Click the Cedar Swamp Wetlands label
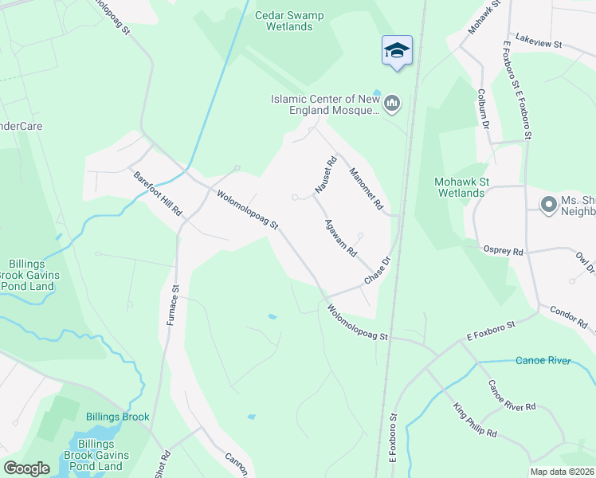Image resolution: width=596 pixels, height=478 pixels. tap(284, 21)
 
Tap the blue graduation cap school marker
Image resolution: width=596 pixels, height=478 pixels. tap(396, 51)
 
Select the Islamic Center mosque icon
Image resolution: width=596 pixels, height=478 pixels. tap(392, 104)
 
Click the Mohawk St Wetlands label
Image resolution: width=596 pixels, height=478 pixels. tap(461, 187)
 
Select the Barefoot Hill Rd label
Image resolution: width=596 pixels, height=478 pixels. tap(159, 195)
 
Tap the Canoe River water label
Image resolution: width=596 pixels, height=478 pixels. tap(543, 361)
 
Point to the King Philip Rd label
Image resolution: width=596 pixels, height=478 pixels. tap(475, 421)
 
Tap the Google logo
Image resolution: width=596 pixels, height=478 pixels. tap(27, 468)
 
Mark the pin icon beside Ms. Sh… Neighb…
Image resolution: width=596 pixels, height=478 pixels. tap(548, 205)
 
